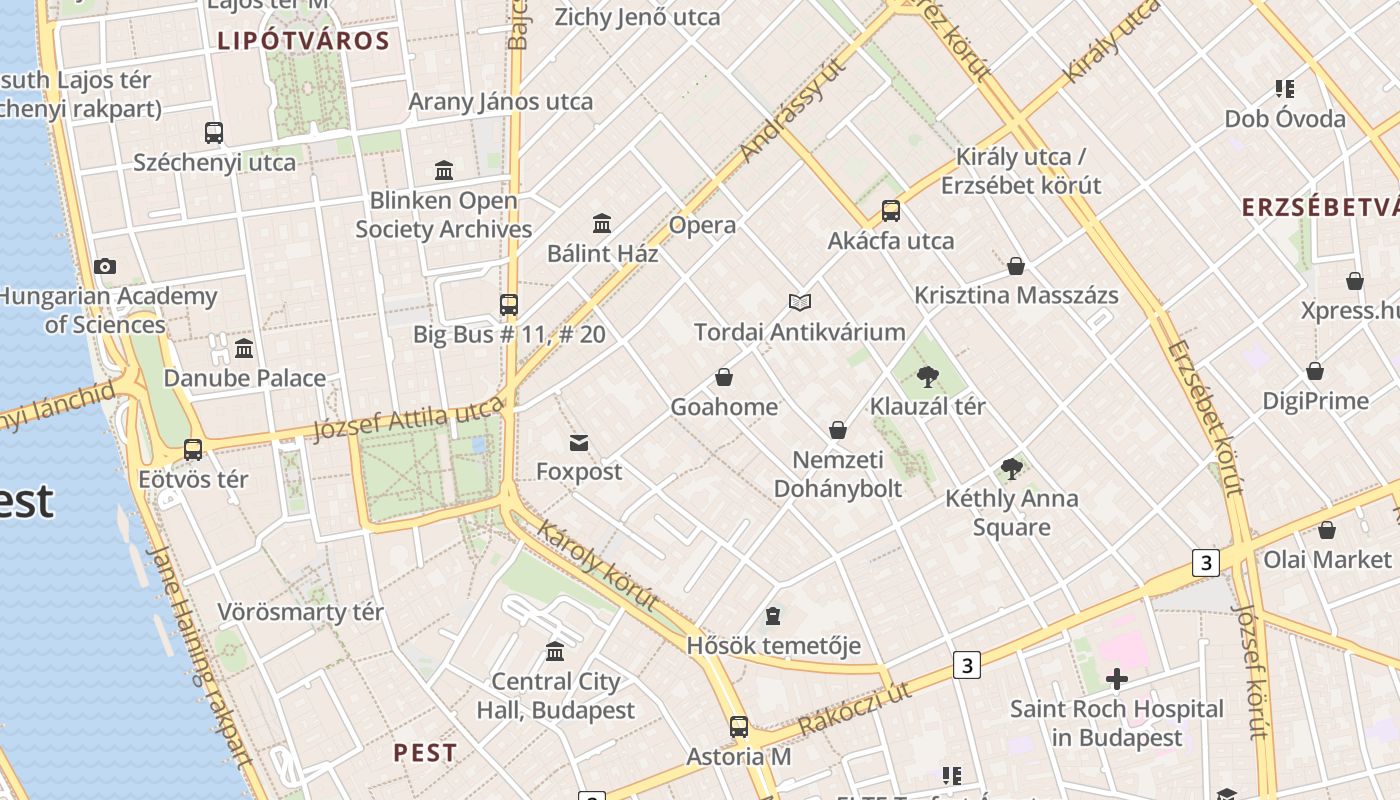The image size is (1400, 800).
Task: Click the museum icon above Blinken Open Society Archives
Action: click(x=444, y=170)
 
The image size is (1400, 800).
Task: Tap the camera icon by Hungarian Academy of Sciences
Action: click(x=105, y=266)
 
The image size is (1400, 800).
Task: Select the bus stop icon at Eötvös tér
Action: click(x=193, y=450)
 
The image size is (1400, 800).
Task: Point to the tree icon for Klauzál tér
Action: click(x=928, y=377)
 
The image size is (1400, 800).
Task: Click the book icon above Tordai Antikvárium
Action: click(x=799, y=302)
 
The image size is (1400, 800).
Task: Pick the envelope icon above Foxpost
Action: click(x=578, y=442)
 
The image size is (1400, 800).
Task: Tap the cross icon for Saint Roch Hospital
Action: click(x=1117, y=680)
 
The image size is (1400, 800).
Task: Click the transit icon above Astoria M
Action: click(x=738, y=727)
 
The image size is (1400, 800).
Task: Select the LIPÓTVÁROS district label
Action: click(x=303, y=41)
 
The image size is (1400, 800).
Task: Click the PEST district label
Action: click(x=425, y=753)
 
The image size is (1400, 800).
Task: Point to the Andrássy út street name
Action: click(x=793, y=110)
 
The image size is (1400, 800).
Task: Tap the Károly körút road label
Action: click(x=598, y=566)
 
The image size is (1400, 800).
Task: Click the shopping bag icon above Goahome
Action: click(x=724, y=377)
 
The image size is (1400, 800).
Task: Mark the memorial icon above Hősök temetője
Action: click(x=773, y=616)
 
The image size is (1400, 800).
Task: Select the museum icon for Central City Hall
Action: click(x=555, y=653)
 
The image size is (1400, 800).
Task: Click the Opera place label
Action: click(x=702, y=225)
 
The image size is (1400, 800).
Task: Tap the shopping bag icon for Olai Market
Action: click(x=1327, y=530)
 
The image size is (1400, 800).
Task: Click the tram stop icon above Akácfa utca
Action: click(x=890, y=211)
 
